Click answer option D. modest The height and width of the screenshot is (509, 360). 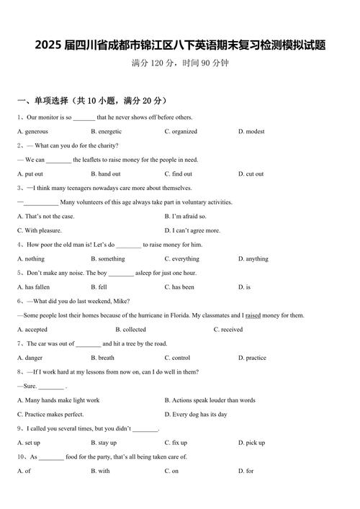click(x=251, y=132)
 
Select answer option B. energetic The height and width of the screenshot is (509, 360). click(x=106, y=132)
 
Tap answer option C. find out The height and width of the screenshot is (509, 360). click(x=178, y=174)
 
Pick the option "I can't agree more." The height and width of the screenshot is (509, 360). click(x=192, y=231)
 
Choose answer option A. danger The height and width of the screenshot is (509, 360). click(x=30, y=358)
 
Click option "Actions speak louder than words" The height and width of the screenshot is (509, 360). click(x=210, y=400)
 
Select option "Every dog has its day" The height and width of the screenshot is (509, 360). click(x=196, y=415)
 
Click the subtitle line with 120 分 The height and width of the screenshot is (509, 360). click(x=180, y=63)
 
